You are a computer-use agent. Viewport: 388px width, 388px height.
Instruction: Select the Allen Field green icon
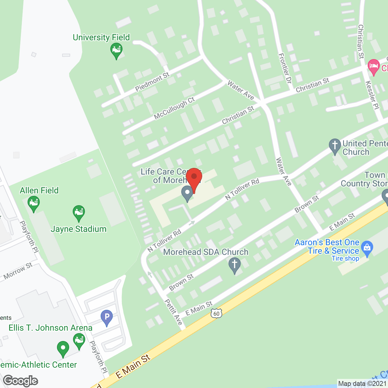coord(33,203)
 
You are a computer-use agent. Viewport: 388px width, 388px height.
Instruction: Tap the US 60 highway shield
coord(216,313)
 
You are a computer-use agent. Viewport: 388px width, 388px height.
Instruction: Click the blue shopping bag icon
coord(367,248)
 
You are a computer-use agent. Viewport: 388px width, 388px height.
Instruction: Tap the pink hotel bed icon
coord(373,66)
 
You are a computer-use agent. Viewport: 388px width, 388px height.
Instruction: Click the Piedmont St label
coord(152,82)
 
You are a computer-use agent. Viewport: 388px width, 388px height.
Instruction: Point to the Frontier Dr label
coord(285,69)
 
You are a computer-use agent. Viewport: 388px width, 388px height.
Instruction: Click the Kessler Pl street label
coord(372,95)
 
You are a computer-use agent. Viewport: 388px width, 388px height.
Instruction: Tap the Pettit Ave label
coord(174,312)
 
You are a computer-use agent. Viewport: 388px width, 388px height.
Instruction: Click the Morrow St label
coord(18,271)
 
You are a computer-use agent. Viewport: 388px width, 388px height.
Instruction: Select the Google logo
coord(21,381)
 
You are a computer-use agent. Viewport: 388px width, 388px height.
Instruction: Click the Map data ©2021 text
coord(362,384)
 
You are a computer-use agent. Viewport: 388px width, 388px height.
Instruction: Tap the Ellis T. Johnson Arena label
coord(50,328)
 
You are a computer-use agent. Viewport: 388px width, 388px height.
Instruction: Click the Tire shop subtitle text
coord(345,259)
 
